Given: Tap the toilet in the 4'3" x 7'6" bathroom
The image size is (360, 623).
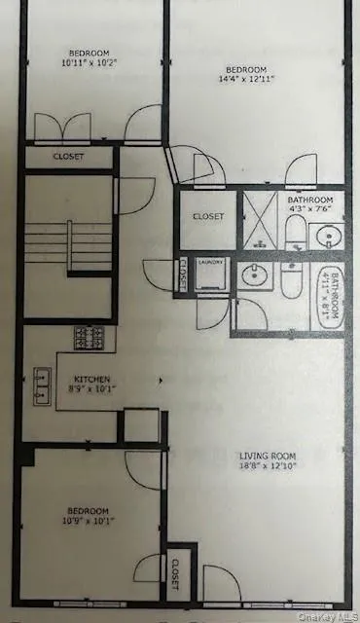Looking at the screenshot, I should [295, 232].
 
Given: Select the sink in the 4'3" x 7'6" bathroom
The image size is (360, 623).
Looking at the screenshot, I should [326, 237].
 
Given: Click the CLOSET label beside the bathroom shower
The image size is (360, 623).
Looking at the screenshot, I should [207, 216].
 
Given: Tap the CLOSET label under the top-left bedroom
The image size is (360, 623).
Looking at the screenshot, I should [68, 157].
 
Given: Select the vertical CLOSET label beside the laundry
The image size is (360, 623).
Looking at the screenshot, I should [183, 275].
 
